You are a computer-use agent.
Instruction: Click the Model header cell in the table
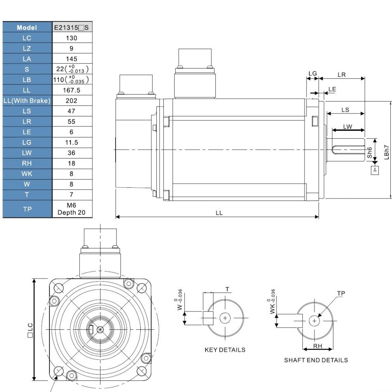[x=27, y=27]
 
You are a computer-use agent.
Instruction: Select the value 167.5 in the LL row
[x=72, y=90]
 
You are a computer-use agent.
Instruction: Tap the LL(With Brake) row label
[x=27, y=100]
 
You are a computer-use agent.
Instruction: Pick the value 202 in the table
[x=72, y=100]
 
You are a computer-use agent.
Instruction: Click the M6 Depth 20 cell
[x=72, y=209]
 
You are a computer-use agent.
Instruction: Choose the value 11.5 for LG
[x=72, y=142]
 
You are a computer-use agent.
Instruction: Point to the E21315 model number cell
[x=72, y=27]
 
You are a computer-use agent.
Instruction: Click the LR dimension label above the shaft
[x=342, y=75]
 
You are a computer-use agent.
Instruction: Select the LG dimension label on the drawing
[x=313, y=73]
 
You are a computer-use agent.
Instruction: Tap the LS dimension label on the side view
[x=345, y=110]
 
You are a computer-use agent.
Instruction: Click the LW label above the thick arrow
[x=347, y=127]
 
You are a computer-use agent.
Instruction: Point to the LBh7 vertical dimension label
[x=386, y=151]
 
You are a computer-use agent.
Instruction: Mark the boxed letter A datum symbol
[x=375, y=170]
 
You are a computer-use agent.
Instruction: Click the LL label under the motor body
[x=219, y=213]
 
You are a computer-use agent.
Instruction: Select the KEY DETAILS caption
[x=225, y=350]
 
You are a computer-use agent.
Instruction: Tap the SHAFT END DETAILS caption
[x=316, y=360]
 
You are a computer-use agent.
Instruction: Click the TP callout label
[x=341, y=293]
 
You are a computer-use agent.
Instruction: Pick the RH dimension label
[x=317, y=346]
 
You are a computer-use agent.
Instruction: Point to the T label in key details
[x=227, y=289]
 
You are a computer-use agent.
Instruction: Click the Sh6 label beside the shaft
[x=370, y=153]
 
